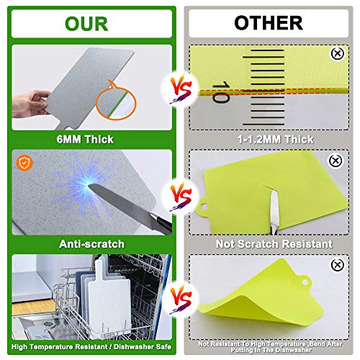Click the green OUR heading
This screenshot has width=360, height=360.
pos(86,24)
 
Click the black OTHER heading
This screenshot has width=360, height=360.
pos(269,23)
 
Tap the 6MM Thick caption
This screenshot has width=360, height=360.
pos(85,139)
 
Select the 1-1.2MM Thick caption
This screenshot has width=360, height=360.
pos(275,139)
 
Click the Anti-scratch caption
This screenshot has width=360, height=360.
pos(91,244)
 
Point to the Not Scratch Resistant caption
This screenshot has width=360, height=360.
pos(274,244)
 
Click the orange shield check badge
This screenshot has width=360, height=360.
pos(24,163)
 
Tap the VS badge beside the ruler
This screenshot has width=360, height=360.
pos(181,89)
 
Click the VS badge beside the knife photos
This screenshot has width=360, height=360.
pos(181,197)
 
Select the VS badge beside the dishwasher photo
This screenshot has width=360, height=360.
pos(181,299)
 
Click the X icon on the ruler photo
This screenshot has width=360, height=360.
pos(338,53)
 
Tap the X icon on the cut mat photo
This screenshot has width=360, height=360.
pos(336,161)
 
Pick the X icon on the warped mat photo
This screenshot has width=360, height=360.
pos(338,265)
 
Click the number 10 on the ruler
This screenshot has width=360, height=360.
pos(221,92)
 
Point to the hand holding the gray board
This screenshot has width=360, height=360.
pos(30,104)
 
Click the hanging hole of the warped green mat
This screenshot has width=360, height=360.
pos(305,282)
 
